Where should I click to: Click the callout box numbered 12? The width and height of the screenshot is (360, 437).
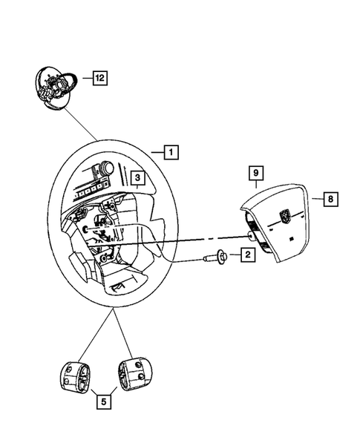tap(99, 76)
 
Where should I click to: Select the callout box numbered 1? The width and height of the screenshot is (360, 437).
tap(171, 154)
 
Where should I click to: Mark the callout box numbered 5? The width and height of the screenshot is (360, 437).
tap(105, 404)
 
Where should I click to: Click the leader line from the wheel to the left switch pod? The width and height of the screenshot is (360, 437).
tap(97, 335)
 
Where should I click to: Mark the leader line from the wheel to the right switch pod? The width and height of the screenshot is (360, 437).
tap(122, 333)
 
